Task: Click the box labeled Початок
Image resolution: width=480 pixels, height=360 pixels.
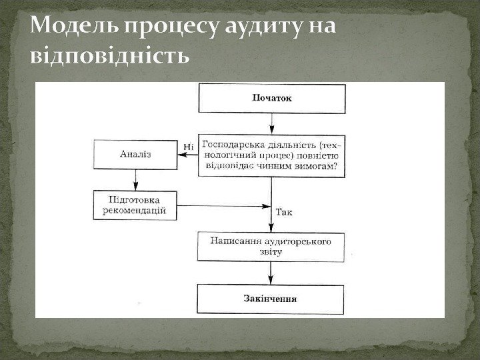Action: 271,98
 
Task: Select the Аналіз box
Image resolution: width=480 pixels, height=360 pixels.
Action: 135,154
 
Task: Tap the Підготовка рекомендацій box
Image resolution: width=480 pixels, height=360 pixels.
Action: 135,206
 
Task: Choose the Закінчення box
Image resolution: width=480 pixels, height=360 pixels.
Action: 271,298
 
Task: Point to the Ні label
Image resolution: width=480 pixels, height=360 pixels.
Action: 188,146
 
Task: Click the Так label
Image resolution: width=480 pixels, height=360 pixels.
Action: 283,213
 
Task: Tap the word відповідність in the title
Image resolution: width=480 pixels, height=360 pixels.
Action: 111,53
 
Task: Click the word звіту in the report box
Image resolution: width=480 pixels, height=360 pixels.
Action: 271,252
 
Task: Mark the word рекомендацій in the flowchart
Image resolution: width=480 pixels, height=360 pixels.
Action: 135,212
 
